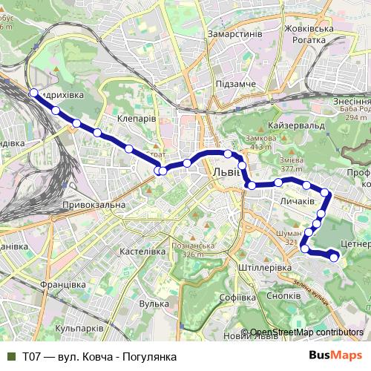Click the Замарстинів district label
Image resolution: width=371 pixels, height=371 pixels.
point(236,34)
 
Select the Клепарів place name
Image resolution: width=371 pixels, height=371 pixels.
point(137,117)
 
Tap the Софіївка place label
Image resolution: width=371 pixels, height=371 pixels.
point(238,298)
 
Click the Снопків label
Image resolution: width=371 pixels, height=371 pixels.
point(283,295)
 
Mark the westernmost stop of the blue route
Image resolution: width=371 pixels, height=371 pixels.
point(33,93)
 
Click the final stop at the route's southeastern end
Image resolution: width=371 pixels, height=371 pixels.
point(334,257)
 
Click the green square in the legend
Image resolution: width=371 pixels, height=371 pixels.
point(11,356)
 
